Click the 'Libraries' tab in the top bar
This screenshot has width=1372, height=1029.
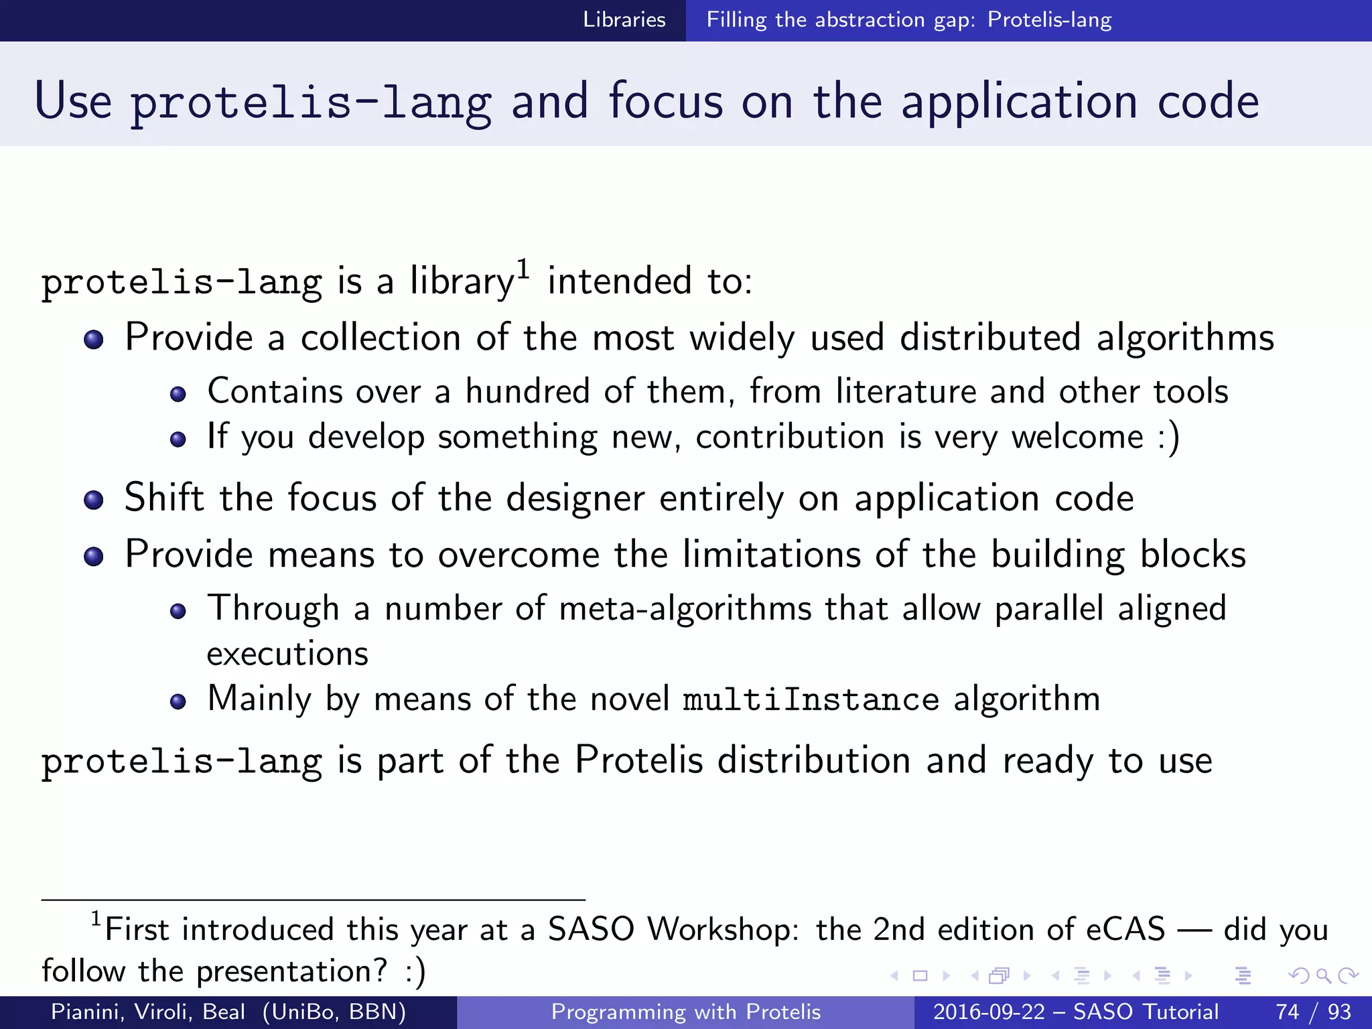point(624,19)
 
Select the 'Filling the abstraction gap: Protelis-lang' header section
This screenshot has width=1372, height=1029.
point(908,19)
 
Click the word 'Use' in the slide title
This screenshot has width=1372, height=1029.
point(73,101)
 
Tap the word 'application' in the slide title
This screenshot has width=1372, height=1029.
point(1018,101)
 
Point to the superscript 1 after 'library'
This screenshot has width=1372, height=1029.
point(523,269)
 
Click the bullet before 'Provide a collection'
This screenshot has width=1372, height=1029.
point(94,339)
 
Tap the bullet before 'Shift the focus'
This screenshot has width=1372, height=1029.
point(94,500)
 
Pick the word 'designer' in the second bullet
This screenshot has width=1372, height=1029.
point(575,498)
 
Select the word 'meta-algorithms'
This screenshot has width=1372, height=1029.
point(685,609)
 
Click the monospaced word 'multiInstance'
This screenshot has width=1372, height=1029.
point(811,699)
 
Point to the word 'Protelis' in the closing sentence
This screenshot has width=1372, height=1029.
point(639,760)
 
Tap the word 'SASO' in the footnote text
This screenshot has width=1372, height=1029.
point(591,930)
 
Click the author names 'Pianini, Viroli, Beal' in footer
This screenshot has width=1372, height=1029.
point(148,1012)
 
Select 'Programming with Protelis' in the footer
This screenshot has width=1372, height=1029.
point(685,1012)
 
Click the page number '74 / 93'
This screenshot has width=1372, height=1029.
point(1313,1012)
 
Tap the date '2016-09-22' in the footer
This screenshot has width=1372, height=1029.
point(989,1012)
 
